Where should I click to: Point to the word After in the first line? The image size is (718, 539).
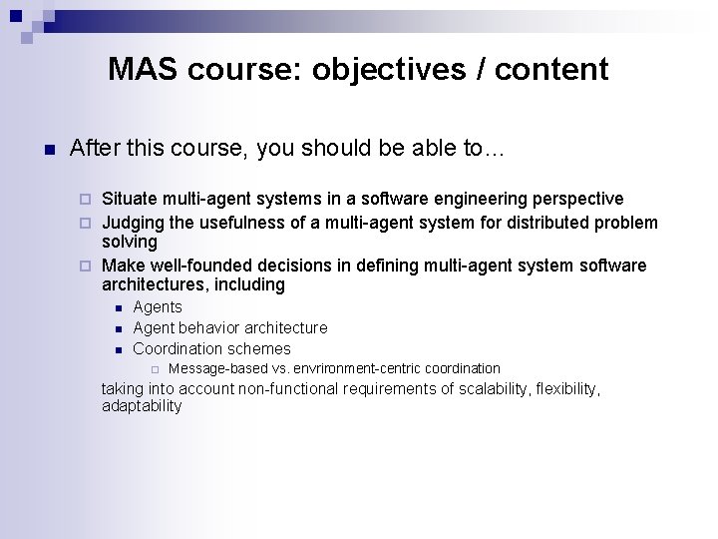click(93, 149)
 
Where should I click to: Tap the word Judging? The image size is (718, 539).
click(134, 222)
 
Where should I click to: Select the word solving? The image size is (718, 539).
click(130, 242)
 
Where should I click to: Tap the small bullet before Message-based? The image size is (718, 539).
click(155, 369)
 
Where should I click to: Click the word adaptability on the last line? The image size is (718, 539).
click(142, 405)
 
